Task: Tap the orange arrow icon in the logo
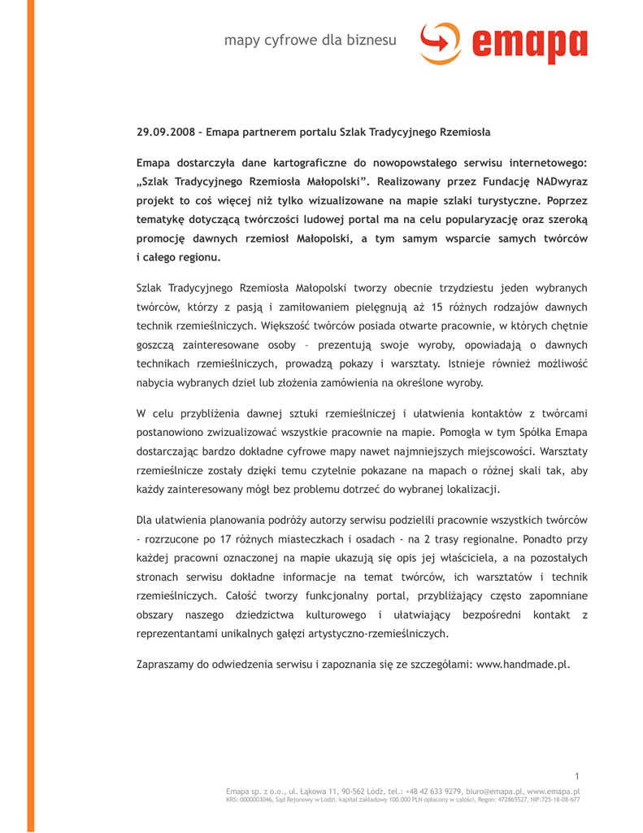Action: tap(440, 41)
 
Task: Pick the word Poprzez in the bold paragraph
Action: tap(564, 200)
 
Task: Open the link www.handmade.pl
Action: tap(523, 664)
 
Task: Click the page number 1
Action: tap(576, 776)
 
